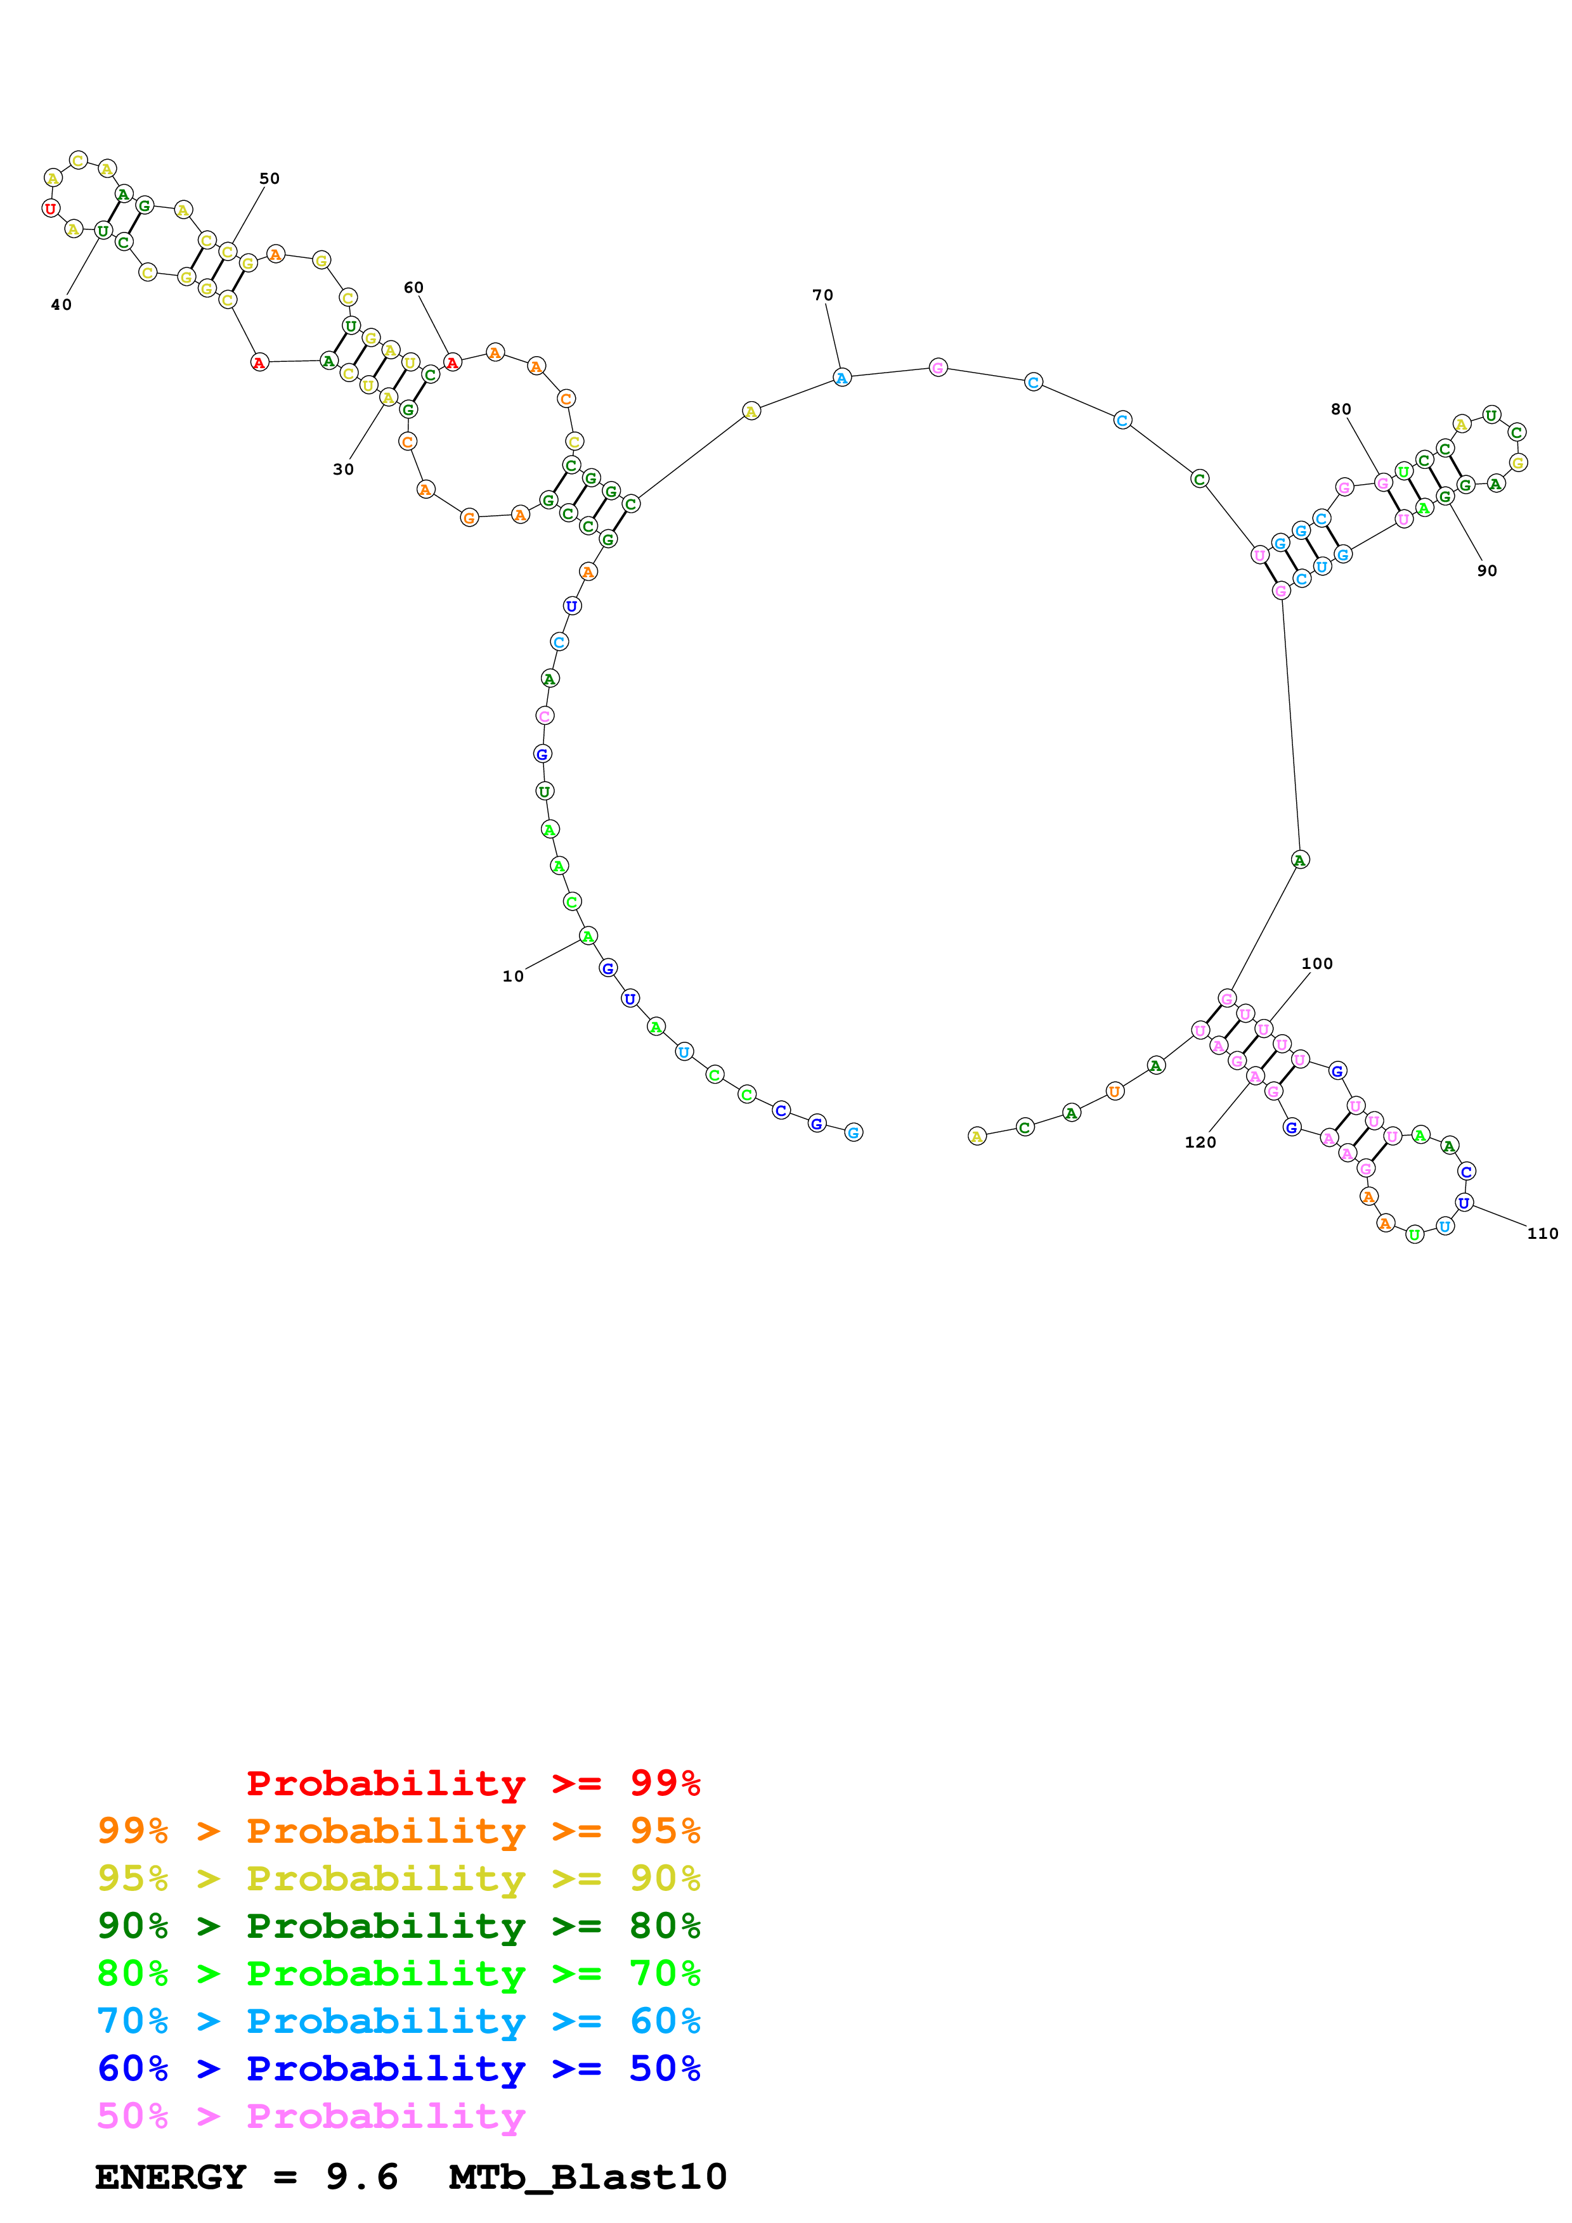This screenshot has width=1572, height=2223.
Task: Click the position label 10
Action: click(x=512, y=976)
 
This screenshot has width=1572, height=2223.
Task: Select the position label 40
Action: click(x=61, y=305)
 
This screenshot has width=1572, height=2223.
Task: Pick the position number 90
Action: click(x=1487, y=571)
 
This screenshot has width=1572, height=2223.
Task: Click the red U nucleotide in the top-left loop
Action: click(x=50, y=208)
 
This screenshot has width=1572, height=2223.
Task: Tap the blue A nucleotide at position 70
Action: click(x=841, y=378)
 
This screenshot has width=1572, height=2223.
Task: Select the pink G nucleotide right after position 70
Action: click(x=938, y=367)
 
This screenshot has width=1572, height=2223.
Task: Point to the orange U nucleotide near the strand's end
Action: click(x=1115, y=1091)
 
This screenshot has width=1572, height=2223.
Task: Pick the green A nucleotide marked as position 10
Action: click(x=588, y=936)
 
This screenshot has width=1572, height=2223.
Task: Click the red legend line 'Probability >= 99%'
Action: click(x=472, y=1783)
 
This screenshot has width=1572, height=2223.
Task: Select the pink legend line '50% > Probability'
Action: click(x=310, y=2115)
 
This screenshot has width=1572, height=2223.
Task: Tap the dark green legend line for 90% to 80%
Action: click(x=398, y=1926)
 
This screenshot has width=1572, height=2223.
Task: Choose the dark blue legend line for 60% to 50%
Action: click(x=398, y=2068)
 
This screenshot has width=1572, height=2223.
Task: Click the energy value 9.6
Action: click(x=361, y=2177)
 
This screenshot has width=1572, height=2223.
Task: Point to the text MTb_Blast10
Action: click(x=587, y=2177)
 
